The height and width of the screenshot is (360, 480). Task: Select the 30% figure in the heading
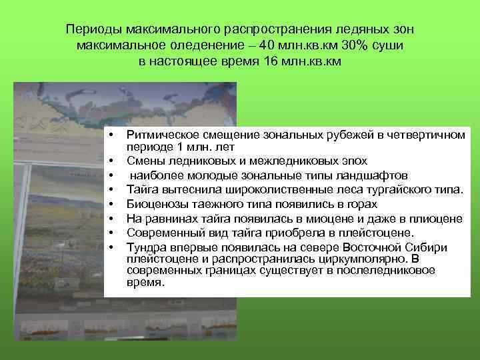coord(360,46)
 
